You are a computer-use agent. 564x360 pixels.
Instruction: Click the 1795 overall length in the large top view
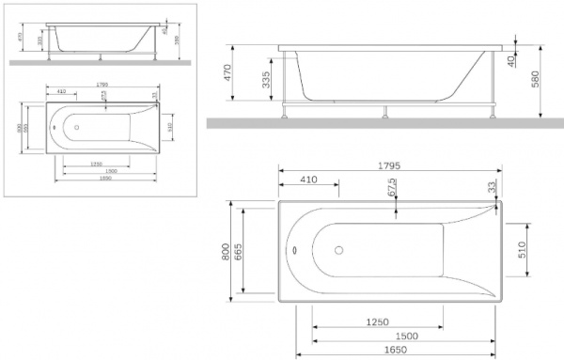388,165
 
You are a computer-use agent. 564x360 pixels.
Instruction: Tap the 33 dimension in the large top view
493,188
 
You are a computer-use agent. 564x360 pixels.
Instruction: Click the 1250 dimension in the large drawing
376,321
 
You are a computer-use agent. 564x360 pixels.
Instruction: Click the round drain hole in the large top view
340,251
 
